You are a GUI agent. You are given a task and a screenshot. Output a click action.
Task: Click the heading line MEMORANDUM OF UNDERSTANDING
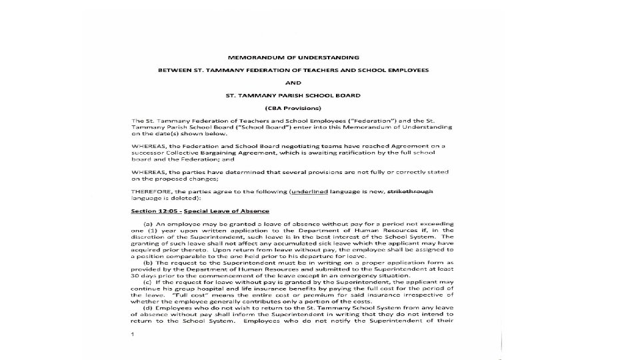pos(293,57)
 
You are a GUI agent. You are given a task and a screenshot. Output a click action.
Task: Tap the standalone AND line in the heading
pos(293,83)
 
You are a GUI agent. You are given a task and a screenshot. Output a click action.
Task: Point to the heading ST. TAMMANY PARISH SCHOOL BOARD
pos(293,95)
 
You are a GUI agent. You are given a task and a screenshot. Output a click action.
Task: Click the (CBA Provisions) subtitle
pos(293,108)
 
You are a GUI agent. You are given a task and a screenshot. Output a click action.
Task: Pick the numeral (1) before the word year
pos(153,230)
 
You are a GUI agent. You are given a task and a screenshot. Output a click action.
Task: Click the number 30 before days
pos(135,275)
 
